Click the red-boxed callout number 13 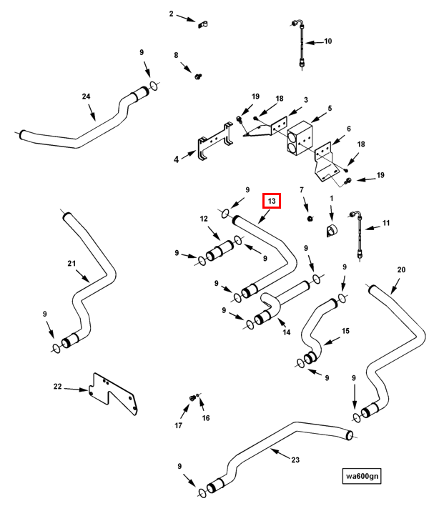tap(272, 201)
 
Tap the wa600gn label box tap(362, 476)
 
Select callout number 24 tap(86, 96)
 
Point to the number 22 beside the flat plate tap(57, 386)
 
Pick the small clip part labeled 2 tap(203, 24)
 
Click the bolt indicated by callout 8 tap(198, 76)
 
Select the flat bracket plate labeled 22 tap(113, 395)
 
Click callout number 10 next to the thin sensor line tap(327, 41)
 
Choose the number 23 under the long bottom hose tap(295, 460)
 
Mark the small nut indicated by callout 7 tap(310, 219)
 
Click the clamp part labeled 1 tap(331, 229)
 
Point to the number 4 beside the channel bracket tap(177, 159)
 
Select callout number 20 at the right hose tap(401, 269)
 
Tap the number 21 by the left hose tap(71, 263)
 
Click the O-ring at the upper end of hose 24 tap(154, 86)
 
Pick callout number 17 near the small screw tap(179, 426)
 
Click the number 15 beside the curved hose tap(345, 331)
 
